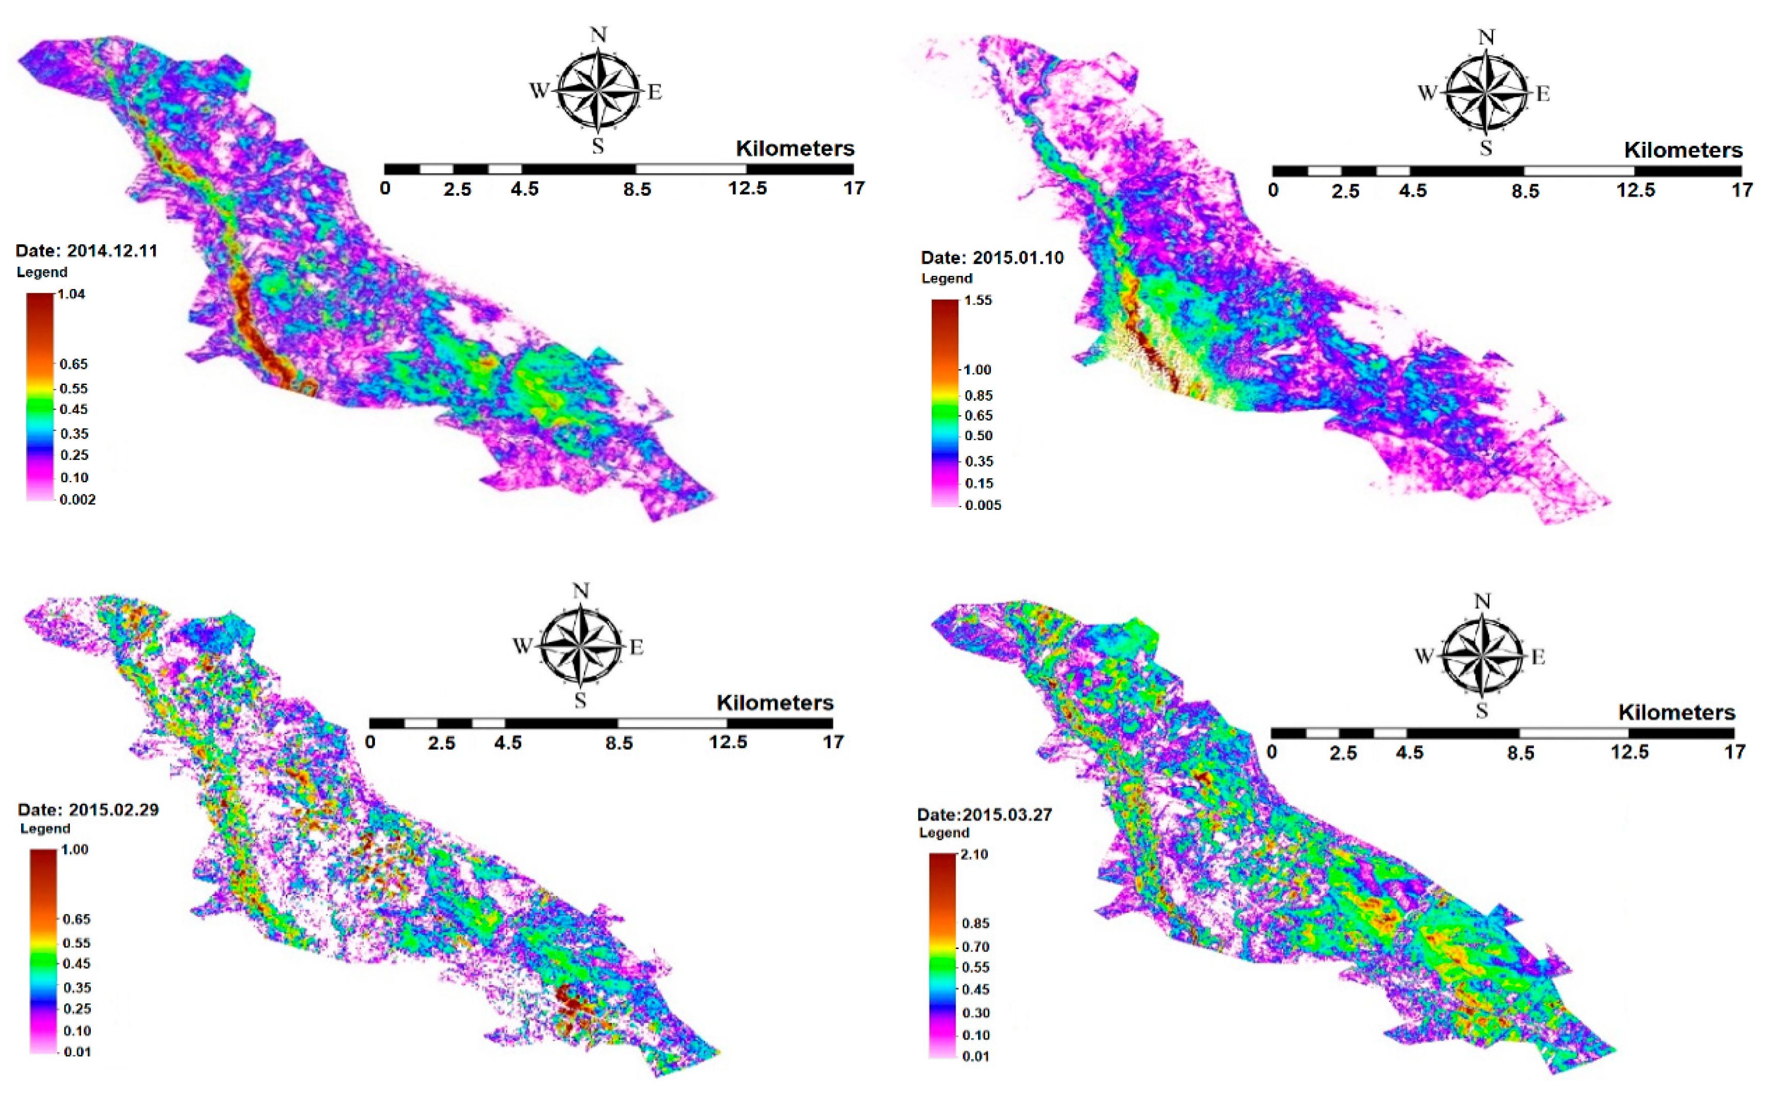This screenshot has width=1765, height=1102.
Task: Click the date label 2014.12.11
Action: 112,251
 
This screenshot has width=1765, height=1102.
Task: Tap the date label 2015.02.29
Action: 114,810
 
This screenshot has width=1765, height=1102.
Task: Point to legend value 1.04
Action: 71,294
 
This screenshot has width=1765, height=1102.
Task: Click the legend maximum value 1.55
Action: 977,300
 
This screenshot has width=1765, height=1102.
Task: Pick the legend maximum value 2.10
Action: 975,854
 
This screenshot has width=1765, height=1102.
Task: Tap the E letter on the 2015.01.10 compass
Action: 1543,94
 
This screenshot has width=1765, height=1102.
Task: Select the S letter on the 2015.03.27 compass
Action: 1481,711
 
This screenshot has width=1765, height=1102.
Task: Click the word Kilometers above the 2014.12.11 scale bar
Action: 795,149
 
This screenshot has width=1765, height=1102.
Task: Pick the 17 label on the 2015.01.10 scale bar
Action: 1742,191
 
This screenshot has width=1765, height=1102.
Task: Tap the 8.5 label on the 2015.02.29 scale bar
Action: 618,744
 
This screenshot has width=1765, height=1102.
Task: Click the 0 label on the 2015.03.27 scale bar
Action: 1272,752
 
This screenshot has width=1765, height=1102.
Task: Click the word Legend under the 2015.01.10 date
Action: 947,278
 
